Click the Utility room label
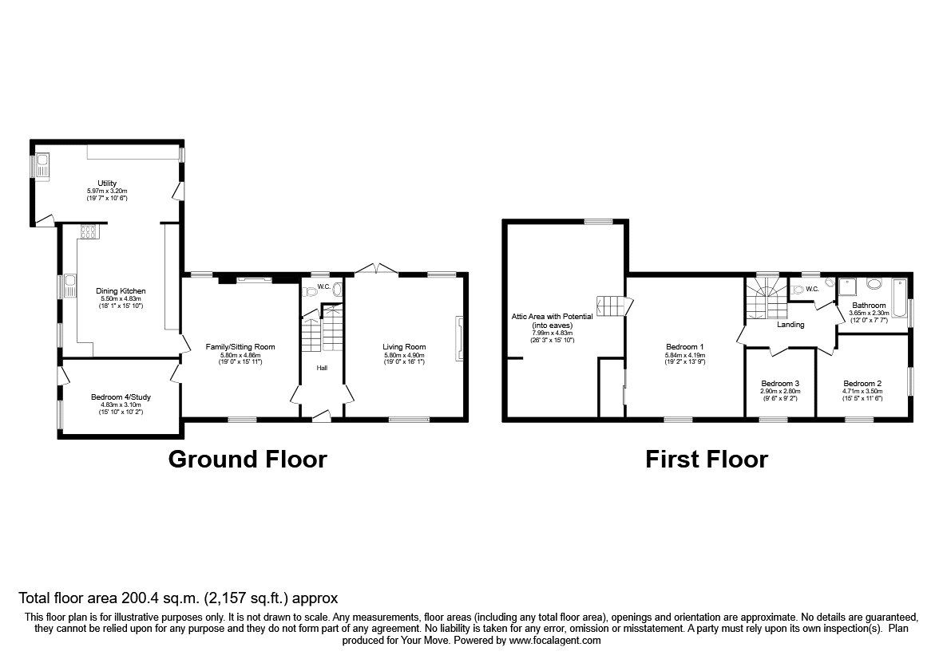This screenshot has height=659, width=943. (x=107, y=183)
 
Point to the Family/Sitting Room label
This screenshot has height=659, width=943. (x=240, y=347)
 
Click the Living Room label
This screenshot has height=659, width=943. (x=403, y=347)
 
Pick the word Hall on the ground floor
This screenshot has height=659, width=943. (x=322, y=368)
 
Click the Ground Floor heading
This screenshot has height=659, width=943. (x=248, y=460)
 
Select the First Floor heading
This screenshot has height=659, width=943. (x=706, y=460)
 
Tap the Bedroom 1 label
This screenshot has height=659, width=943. (x=684, y=347)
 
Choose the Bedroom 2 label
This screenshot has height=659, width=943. (x=862, y=383)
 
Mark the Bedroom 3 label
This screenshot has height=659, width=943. (x=780, y=383)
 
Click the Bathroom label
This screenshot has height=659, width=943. (x=868, y=306)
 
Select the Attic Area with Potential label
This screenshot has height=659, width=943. (x=553, y=317)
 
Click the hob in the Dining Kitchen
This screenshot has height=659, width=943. (x=88, y=232)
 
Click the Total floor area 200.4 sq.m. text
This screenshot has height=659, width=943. (x=178, y=597)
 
